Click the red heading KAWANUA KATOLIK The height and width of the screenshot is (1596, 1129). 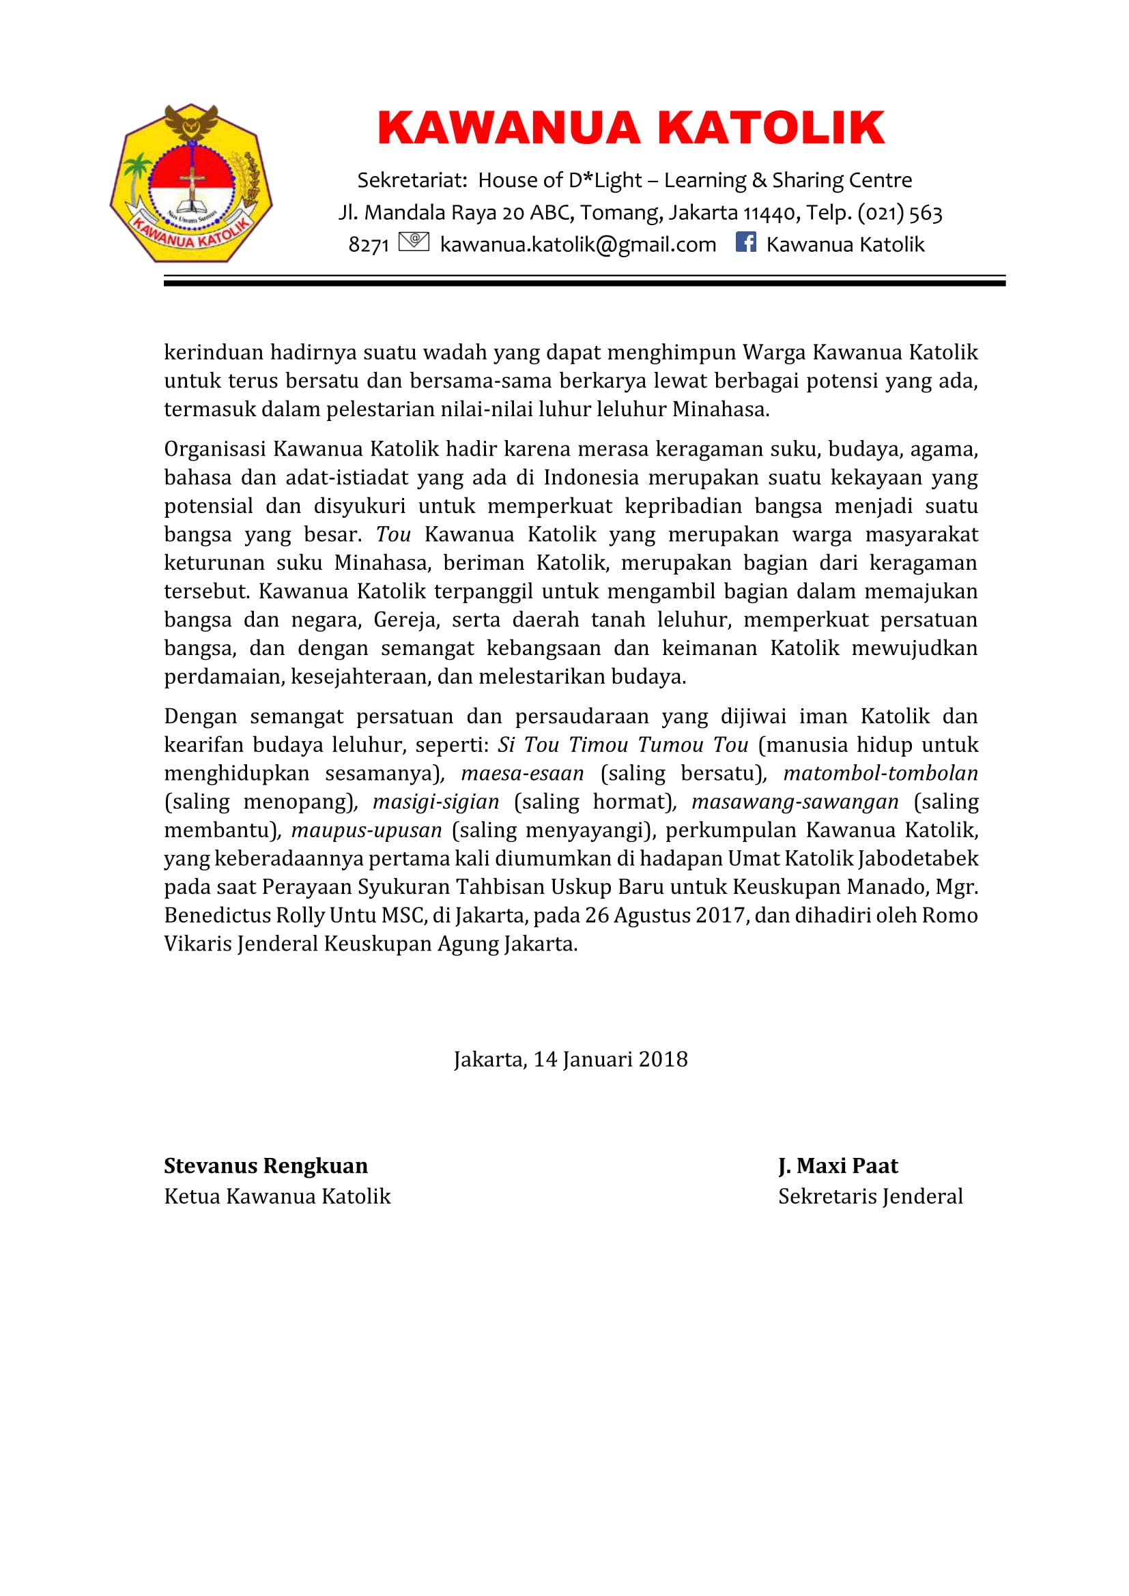pyautogui.click(x=631, y=128)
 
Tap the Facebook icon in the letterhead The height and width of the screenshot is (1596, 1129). pyautogui.click(x=745, y=242)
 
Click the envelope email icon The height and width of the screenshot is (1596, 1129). pyautogui.click(x=414, y=242)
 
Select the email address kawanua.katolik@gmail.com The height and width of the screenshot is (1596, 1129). pyautogui.click(x=577, y=245)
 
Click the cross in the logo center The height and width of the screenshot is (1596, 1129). pyautogui.click(x=192, y=182)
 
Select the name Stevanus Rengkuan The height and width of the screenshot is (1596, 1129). pyautogui.click(x=266, y=1165)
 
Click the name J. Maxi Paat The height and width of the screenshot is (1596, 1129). pyautogui.click(x=838, y=1165)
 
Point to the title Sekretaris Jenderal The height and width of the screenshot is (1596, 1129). pyautogui.click(x=870, y=1196)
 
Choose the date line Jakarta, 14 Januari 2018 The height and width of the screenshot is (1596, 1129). pyautogui.click(x=571, y=1060)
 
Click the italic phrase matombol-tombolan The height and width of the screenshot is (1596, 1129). pyautogui.click(x=880, y=773)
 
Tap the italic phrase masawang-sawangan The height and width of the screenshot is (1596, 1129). pyautogui.click(x=795, y=802)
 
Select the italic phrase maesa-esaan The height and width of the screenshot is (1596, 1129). pyautogui.click(x=522, y=773)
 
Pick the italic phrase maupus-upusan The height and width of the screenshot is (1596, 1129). pyautogui.click(x=367, y=830)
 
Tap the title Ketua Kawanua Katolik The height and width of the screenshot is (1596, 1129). pyautogui.click(x=277, y=1196)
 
